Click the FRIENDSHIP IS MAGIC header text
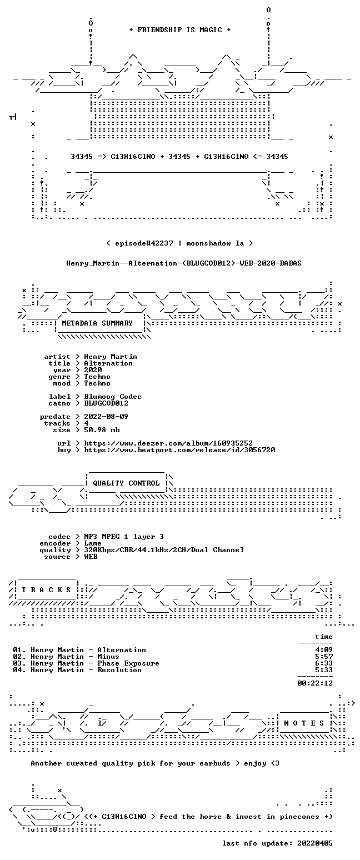coord(180,29)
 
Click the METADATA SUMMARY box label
coord(97,323)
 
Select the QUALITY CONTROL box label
coord(126,483)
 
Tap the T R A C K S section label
coord(46,589)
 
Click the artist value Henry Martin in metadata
coord(111,357)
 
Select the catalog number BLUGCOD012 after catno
coord(106,403)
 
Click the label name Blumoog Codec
coord(113,397)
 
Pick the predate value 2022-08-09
coord(106,417)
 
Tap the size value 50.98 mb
coord(102,430)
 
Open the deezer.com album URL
coord(168,443)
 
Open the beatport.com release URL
coord(179,450)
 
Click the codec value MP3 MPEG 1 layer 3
coord(124,536)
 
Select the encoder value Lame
coord(93,543)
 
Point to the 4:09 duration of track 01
coord(324,649)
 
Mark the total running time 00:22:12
coord(315,683)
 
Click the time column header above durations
coord(324,636)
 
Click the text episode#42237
coord(144,243)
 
